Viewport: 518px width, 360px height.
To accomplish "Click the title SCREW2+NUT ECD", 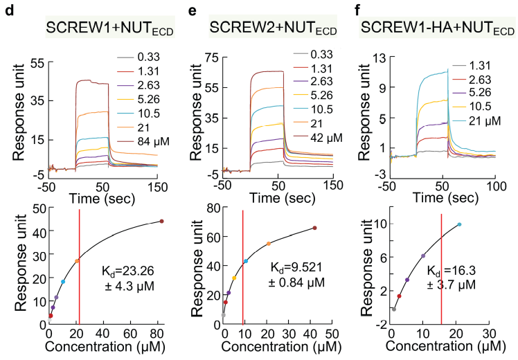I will click(265, 28).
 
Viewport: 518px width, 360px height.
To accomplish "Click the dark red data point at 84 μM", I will click(161, 222).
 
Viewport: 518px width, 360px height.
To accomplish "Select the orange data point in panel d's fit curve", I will click(77, 261).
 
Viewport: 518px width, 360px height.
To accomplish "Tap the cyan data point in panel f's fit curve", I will click(459, 224).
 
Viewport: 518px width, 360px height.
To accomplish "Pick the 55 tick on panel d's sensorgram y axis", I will click(36, 62).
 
